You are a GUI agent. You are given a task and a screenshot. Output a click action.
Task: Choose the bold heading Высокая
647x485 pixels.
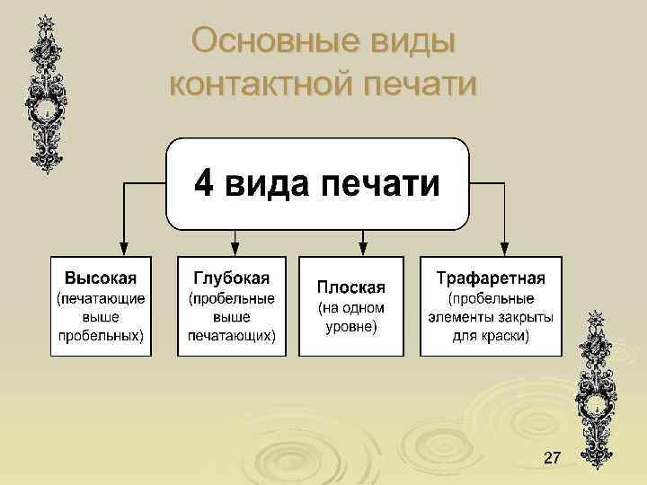point(101,275)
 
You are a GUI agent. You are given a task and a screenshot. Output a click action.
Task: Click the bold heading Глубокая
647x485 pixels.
point(231,275)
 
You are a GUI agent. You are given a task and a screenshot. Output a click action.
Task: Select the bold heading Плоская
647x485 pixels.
point(350,287)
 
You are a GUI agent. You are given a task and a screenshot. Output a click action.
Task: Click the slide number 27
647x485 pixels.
point(552,460)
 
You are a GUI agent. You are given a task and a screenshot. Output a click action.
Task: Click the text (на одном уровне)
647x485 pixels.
point(350,317)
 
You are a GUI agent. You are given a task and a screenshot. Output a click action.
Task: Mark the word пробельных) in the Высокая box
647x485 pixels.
point(101,336)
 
